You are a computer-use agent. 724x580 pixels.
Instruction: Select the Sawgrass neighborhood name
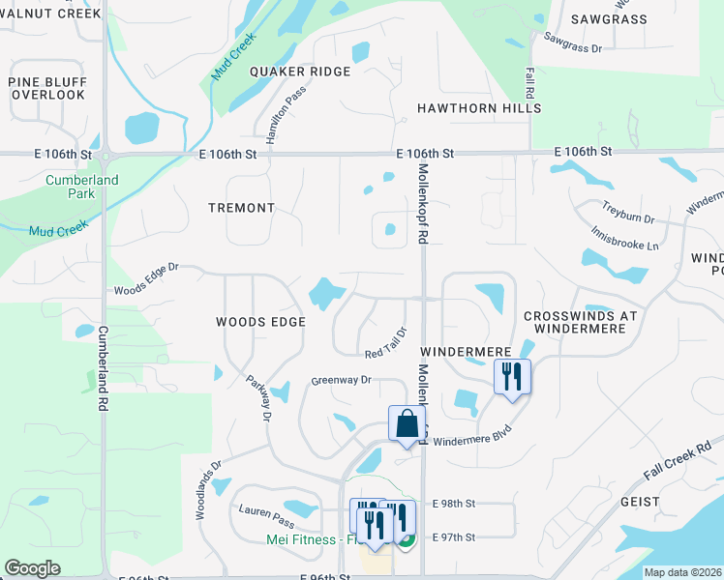click(608, 18)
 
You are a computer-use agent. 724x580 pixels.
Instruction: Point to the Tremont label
click(242, 208)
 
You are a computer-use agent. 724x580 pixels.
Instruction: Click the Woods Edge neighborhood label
click(260, 322)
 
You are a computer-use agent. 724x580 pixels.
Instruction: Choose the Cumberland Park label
click(82, 187)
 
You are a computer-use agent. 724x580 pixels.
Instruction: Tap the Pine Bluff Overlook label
click(46, 88)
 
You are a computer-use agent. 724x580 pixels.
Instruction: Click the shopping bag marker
click(407, 423)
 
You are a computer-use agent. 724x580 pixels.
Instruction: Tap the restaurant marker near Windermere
click(512, 376)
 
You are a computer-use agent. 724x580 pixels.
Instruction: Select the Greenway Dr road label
click(341, 380)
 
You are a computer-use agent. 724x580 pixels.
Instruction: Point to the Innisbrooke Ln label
click(625, 236)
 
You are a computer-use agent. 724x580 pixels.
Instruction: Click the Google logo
click(32, 568)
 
